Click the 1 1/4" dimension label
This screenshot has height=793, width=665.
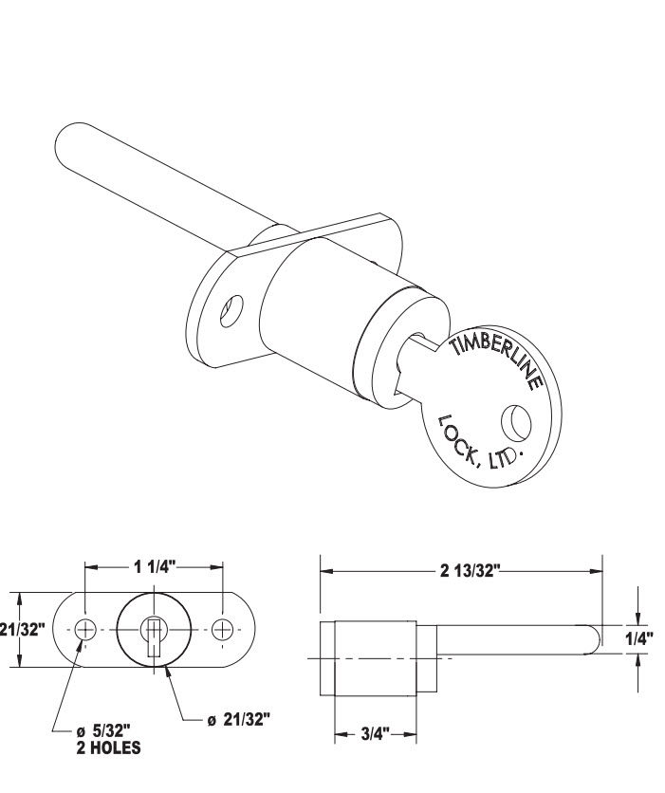coord(155,566)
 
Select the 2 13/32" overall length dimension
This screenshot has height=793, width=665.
coord(470,570)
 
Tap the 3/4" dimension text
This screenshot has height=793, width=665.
coord(376,734)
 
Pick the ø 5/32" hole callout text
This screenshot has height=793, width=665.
coord(103,730)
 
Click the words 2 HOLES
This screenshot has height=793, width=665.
coord(109,748)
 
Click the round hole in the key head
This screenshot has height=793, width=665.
coord(516,422)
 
